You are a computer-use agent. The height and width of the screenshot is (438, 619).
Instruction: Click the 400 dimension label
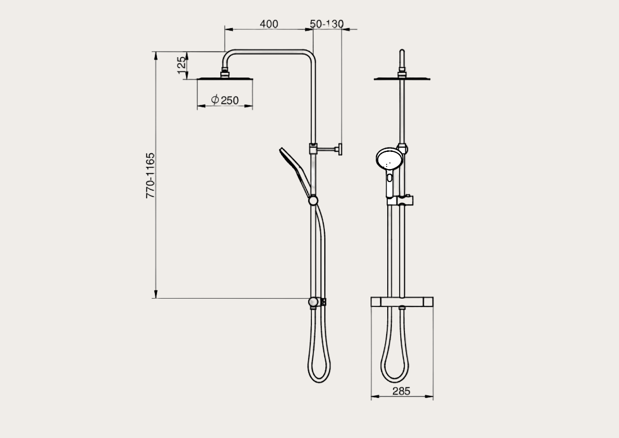269,24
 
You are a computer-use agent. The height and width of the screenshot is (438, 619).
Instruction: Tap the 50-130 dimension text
327,24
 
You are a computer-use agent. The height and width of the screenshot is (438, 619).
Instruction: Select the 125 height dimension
181,65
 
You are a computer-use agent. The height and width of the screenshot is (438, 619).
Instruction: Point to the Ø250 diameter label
225,100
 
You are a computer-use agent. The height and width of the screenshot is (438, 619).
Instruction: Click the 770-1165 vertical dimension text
150,175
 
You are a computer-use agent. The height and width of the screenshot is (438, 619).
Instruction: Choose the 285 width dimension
401,391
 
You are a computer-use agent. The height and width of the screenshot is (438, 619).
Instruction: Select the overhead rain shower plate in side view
225,80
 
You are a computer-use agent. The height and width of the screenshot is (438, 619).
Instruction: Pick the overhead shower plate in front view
402,80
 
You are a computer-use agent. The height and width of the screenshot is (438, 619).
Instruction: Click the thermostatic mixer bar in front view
402,302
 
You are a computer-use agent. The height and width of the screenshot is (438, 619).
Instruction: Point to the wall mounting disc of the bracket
339,150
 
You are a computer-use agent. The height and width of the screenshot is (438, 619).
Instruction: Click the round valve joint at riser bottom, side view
313,302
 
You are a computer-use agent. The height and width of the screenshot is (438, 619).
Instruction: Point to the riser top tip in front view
402,51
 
